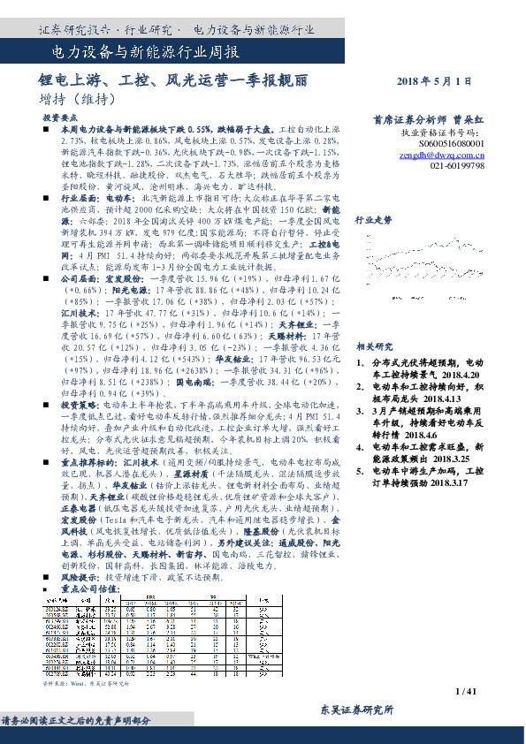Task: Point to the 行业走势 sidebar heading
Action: tap(372, 219)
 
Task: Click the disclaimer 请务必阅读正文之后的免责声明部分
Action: tap(77, 720)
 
